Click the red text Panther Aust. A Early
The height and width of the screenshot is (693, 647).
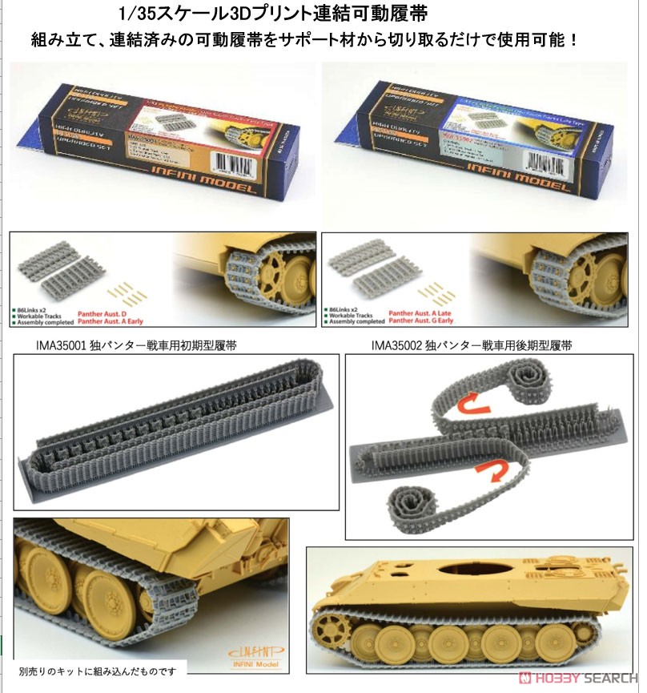pyautogui.click(x=125, y=321)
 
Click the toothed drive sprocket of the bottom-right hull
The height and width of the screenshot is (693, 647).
pyautogui.click(x=332, y=631)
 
